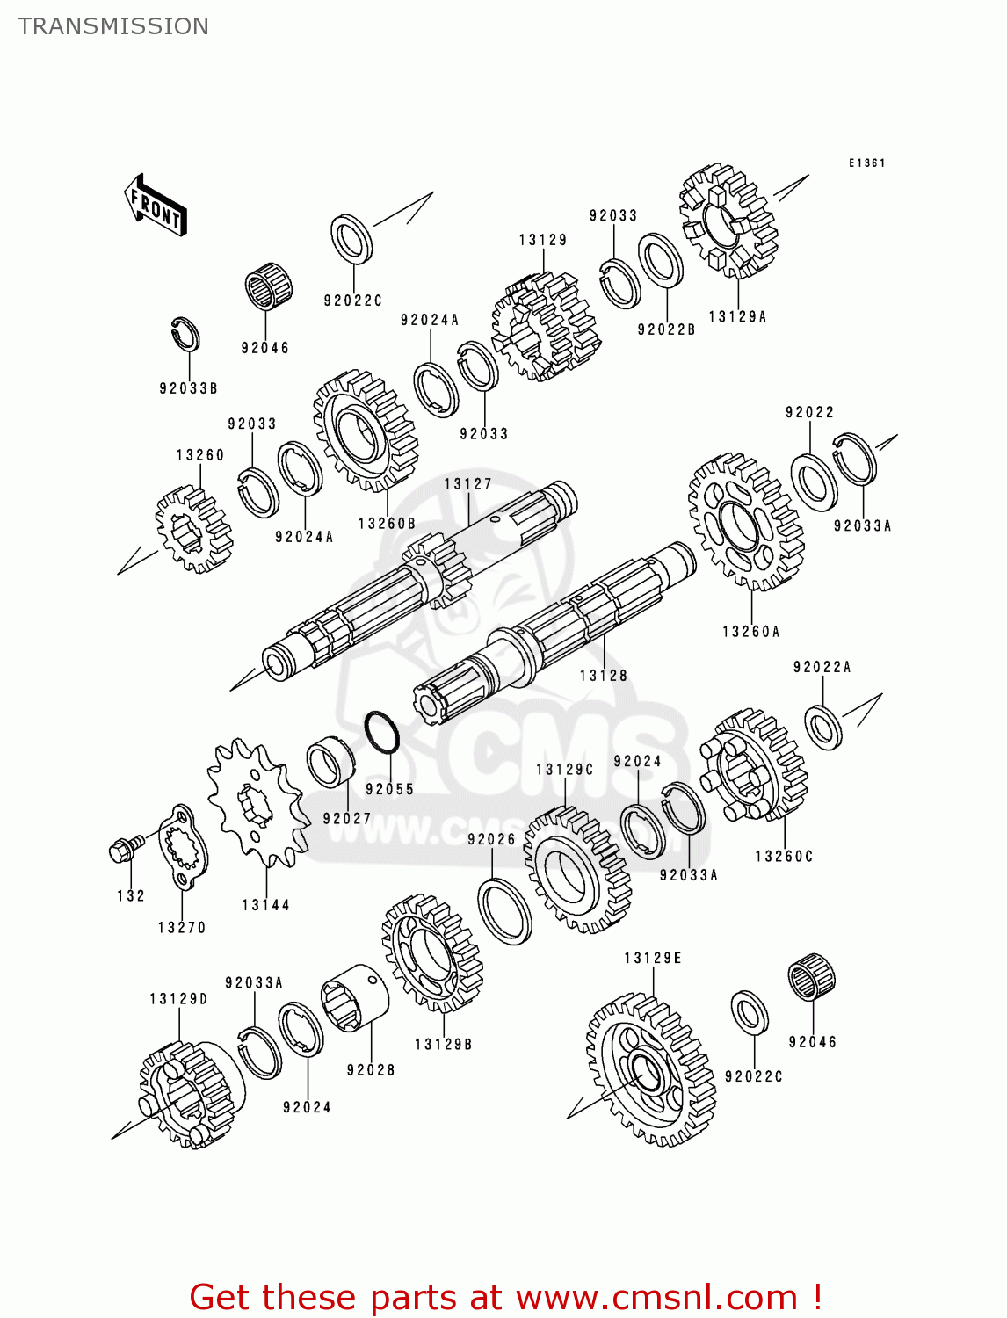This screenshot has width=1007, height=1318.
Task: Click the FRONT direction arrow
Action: point(156,206)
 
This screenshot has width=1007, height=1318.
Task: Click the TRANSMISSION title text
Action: point(113,26)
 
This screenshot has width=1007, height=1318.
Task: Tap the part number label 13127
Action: point(467,484)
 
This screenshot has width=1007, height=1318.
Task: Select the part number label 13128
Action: point(604,676)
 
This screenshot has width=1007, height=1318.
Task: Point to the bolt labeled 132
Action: point(126,848)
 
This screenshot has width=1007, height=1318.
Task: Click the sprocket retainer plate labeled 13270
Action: point(184,848)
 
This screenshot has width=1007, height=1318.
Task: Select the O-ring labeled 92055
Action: point(382,732)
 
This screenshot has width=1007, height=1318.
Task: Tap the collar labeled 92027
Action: point(330,761)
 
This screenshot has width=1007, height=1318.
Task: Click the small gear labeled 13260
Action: point(193,530)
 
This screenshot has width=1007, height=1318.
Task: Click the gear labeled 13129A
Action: point(728,221)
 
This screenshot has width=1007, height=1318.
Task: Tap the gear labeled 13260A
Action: point(745,523)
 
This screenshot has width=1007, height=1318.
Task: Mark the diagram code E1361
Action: point(866,163)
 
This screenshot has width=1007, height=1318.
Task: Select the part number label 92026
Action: point(491,840)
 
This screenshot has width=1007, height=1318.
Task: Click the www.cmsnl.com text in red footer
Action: point(656,1297)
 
